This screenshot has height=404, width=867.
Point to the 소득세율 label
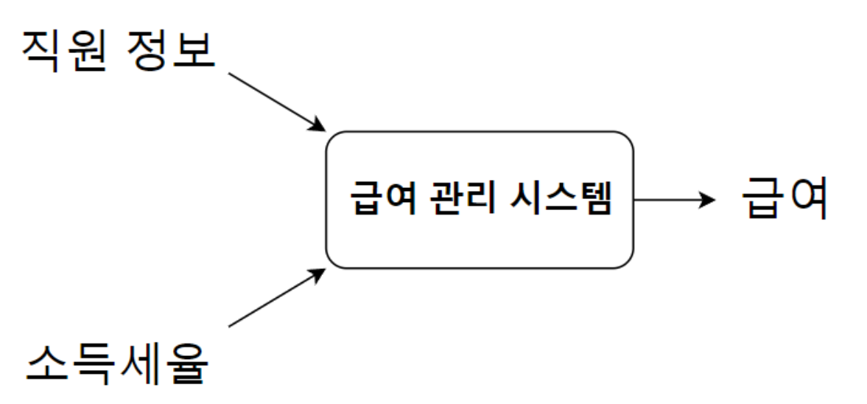click(x=117, y=362)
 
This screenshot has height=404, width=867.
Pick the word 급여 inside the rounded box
click(x=379, y=200)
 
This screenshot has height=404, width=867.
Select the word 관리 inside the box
click(x=463, y=200)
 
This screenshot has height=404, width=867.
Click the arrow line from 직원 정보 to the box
click(x=273, y=100)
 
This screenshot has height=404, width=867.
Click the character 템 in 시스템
click(x=596, y=200)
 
